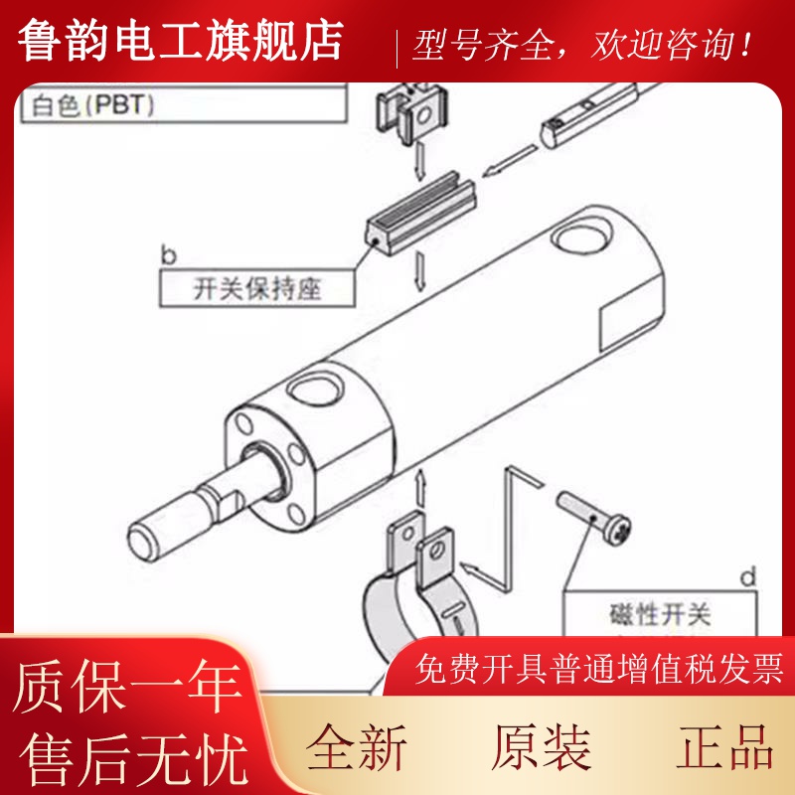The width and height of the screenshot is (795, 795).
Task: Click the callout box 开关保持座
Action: coord(257,289)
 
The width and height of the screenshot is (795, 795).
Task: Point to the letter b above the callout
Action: coord(168,255)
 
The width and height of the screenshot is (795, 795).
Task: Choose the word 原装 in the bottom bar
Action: coord(542,747)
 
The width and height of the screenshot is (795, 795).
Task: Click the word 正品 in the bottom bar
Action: coord(725,747)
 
